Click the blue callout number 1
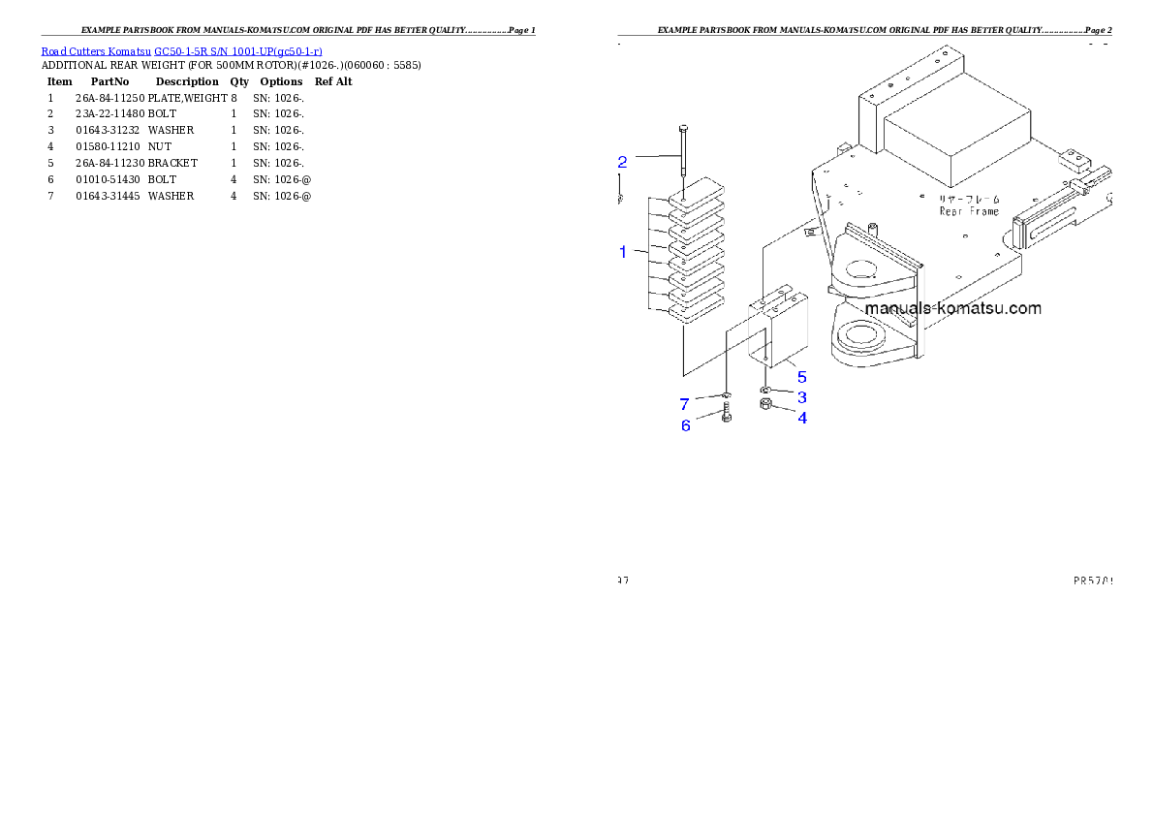pos(623,252)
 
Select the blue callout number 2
pos(623,161)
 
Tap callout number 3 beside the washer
pos(802,397)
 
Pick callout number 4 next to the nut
pos(802,419)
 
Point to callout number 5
pos(801,376)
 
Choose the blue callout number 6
pos(686,425)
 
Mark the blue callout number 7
pos(684,404)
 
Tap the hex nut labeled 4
pos(765,405)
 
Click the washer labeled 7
pos(727,395)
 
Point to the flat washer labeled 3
pos(766,390)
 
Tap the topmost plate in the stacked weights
pos(696,192)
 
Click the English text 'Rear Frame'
pos(969,211)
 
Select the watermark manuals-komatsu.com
pos(952,308)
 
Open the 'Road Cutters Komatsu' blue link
pos(181,50)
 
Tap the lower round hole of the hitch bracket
pos(859,336)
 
